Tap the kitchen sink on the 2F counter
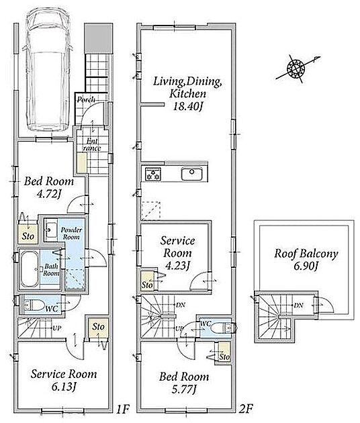pos(191,174)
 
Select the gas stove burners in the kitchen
pos(153,174)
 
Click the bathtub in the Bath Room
pos(29,269)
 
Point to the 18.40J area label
pos(187,107)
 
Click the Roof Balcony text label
pos(306,254)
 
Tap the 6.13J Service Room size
pos(63,387)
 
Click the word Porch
pos(86,100)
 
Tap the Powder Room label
pos(71,234)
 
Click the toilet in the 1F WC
pos(34,305)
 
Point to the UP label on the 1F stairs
pos(56,328)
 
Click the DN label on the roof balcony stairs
pos(298,305)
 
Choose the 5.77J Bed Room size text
pos(184,389)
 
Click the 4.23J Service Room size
pos(177,266)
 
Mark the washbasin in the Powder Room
pos(50,230)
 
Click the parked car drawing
pos(47,70)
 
